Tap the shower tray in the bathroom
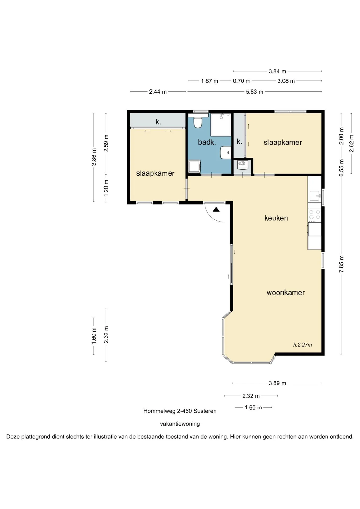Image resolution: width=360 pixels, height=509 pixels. [x=221, y=125]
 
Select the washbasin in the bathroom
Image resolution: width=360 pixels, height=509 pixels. [x=226, y=152]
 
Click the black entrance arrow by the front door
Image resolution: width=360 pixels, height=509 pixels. [x=216, y=209]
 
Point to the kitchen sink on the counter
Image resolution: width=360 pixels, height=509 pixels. [x=315, y=196]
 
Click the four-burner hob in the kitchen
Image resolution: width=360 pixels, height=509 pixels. [x=315, y=216]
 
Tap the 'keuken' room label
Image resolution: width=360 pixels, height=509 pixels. [x=276, y=218]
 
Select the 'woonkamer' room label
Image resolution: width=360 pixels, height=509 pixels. [x=286, y=292]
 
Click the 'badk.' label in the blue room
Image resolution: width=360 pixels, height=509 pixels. [x=207, y=142]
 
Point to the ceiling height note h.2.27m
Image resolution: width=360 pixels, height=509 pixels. [x=302, y=345]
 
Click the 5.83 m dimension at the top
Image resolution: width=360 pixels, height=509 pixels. [x=254, y=92]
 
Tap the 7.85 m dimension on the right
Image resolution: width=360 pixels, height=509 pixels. [x=341, y=264]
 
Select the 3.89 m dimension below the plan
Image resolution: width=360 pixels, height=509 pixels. [x=277, y=383]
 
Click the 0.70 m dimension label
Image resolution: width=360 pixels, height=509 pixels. [x=242, y=81]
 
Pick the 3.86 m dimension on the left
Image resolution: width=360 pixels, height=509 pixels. [x=94, y=157]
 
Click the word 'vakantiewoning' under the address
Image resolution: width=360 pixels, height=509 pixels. [x=180, y=424]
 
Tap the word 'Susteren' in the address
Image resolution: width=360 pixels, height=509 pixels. [x=205, y=411]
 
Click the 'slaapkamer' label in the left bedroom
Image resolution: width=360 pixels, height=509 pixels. [x=155, y=173]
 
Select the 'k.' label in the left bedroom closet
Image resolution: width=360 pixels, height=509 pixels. [x=158, y=122]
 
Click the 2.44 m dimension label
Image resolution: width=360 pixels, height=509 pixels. [x=158, y=92]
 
